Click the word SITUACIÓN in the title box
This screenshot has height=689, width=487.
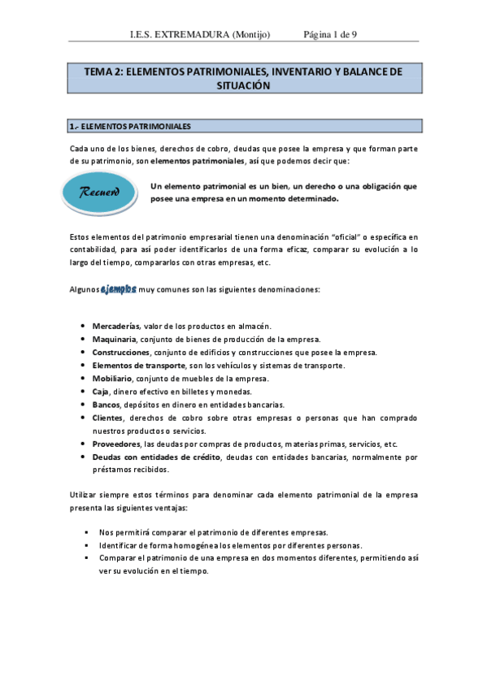pyautogui.click(x=243, y=84)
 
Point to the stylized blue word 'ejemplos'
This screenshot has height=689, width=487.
pyautogui.click(x=118, y=289)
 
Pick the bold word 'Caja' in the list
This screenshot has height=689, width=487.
pyautogui.click(x=101, y=391)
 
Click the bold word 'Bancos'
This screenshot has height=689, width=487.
pyautogui.click(x=107, y=404)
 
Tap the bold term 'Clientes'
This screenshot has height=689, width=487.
pyautogui.click(x=108, y=418)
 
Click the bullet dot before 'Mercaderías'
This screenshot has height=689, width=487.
pyautogui.click(x=85, y=326)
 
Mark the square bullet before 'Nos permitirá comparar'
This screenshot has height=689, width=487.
pyautogui.click(x=85, y=532)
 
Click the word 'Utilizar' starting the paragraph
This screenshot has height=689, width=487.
pyautogui.click(x=83, y=496)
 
